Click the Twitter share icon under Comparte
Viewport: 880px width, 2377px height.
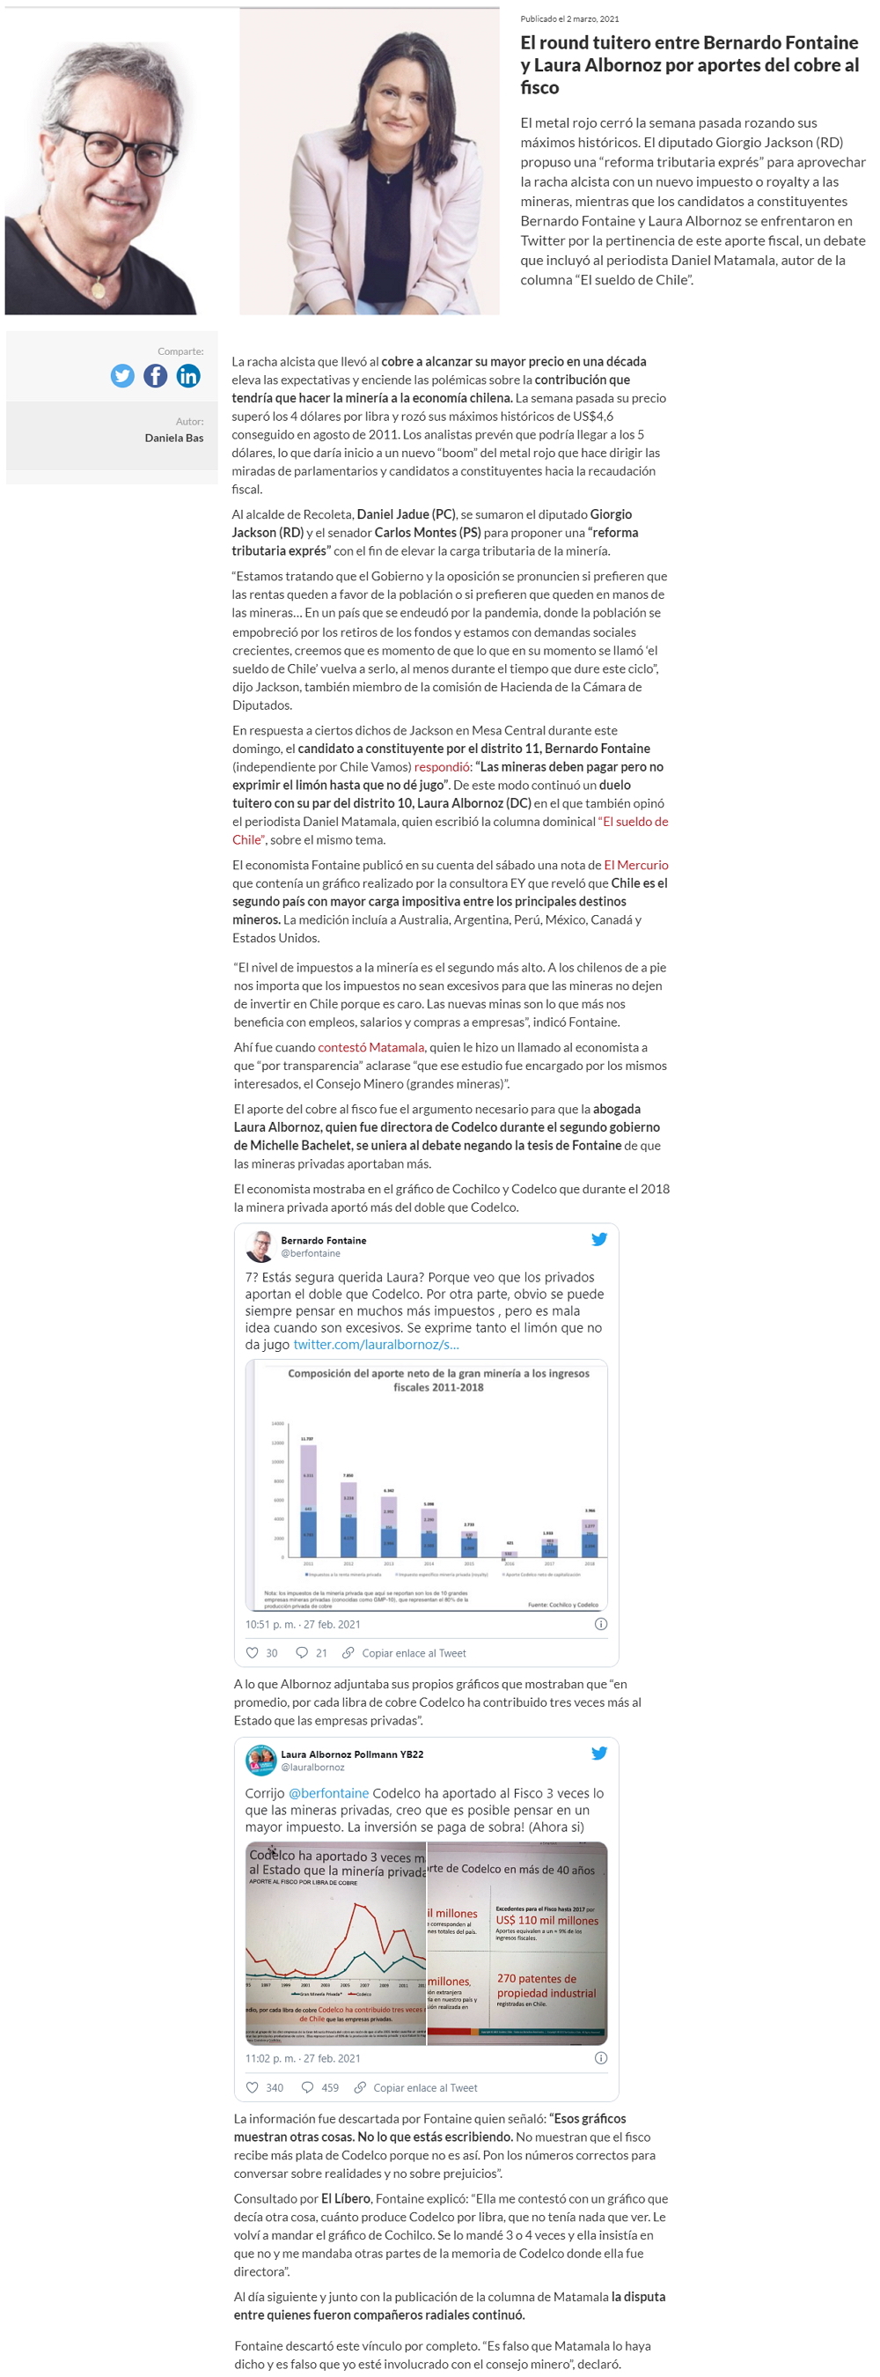point(122,375)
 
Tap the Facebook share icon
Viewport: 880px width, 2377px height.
point(156,375)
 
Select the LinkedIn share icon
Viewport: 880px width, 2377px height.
point(188,375)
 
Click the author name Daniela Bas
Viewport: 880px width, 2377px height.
point(173,438)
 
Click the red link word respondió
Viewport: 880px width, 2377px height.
point(443,767)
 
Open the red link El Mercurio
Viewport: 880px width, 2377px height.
point(635,865)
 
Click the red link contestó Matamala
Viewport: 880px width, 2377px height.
point(370,1047)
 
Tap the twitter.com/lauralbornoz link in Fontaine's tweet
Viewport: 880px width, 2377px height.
point(376,1345)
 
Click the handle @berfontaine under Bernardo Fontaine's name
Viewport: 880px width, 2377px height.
point(310,1253)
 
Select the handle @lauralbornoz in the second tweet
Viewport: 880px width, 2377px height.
point(312,1767)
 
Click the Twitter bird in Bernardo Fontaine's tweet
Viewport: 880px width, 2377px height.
point(598,1239)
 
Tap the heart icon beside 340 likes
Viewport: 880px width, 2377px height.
point(252,2087)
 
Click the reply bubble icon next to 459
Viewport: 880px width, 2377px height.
point(307,2087)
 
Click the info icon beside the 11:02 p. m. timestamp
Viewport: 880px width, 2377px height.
point(600,2057)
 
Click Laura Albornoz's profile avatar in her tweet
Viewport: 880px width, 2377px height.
point(261,1760)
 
